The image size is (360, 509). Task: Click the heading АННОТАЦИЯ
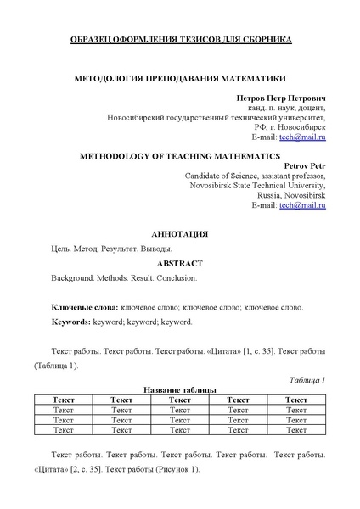click(x=179, y=233)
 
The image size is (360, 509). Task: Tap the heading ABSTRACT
click(x=179, y=264)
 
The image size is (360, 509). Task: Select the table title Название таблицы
click(x=180, y=389)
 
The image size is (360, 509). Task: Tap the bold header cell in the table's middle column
click(x=179, y=399)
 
